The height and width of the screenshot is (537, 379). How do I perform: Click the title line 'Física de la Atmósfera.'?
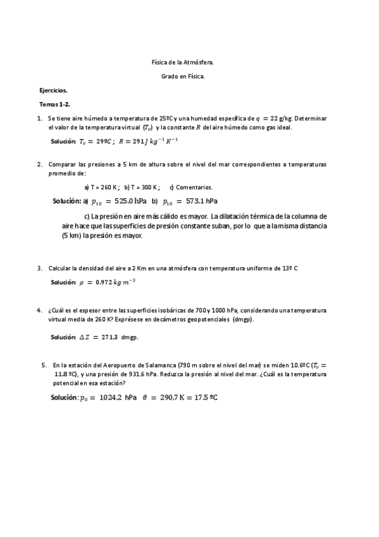coord(187,63)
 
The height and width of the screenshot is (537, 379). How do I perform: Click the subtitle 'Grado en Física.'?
coord(187,77)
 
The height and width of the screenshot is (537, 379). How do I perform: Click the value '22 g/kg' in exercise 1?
coord(281,118)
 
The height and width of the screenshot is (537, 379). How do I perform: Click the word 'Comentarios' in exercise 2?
coord(194,187)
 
